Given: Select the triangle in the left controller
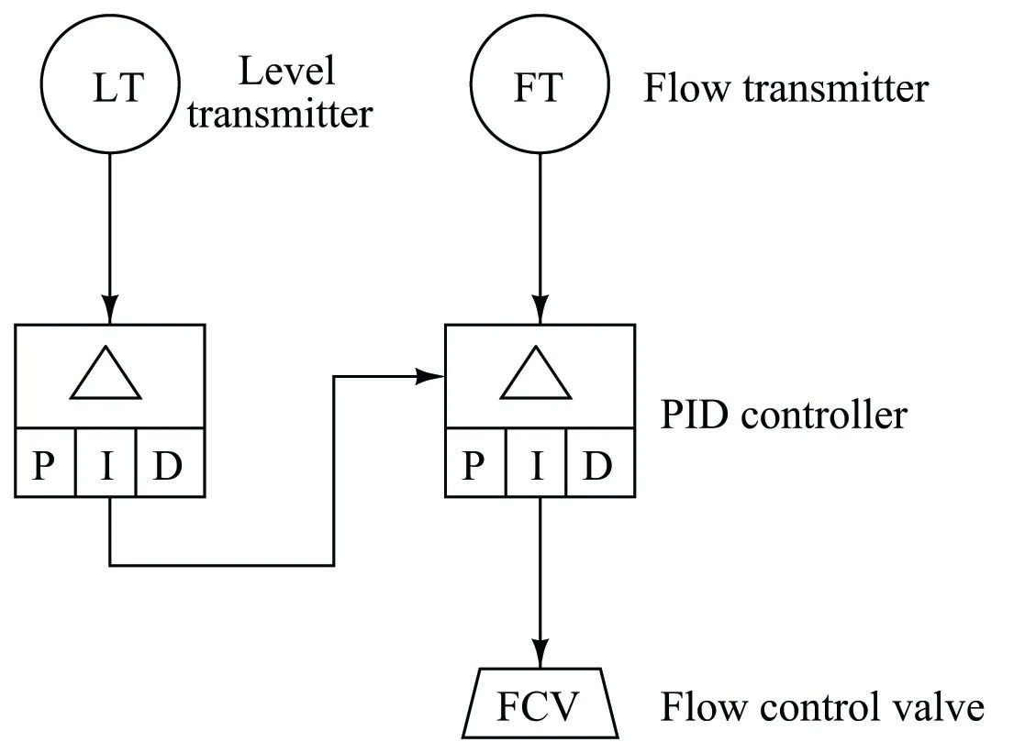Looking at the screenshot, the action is (106, 397).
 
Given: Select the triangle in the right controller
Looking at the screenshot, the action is (535, 397).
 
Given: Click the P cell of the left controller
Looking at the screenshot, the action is (45, 463).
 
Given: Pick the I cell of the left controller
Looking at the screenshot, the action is (106, 463).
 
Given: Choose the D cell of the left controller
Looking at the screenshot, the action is (170, 463).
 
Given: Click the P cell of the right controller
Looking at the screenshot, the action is (475, 463).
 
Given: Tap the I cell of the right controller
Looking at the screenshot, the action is (536, 463).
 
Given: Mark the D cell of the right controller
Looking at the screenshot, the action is (600, 463).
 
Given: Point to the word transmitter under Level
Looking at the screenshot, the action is (280, 114).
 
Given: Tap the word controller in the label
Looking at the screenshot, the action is (824, 415).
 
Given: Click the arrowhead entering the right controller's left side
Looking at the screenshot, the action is (430, 376).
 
